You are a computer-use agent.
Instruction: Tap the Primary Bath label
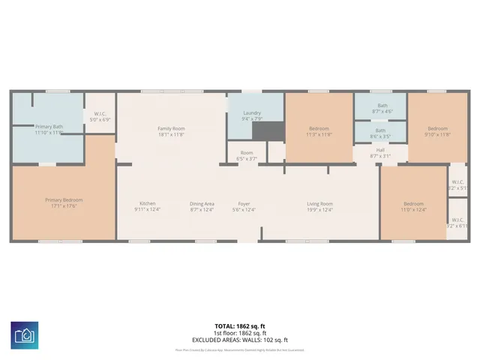coord(49,130)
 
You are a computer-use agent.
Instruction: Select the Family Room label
coord(171,131)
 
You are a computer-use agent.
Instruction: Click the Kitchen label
coord(147,206)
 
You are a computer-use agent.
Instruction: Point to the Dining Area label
coord(202,206)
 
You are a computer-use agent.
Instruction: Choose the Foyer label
coord(244,206)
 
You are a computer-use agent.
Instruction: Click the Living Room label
coord(319,206)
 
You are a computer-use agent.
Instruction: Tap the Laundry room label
coord(251,115)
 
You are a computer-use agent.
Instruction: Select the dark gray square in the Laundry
coord(263,130)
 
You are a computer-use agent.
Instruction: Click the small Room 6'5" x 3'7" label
coord(247,155)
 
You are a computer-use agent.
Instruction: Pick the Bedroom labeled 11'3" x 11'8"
coord(319,131)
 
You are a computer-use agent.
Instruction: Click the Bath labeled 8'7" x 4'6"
coord(382,108)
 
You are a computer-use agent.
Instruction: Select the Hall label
coord(380,153)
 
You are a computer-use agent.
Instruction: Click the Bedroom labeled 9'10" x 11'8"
coord(437,131)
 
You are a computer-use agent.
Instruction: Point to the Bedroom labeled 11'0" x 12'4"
coord(414,206)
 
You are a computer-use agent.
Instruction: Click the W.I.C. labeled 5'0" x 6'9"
coord(100,118)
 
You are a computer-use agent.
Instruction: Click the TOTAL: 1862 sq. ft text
coord(239,326)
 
